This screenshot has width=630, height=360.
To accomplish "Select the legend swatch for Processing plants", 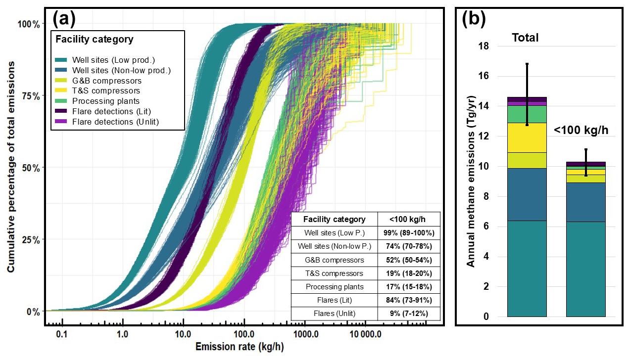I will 62,101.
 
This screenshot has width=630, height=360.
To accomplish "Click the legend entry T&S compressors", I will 106,91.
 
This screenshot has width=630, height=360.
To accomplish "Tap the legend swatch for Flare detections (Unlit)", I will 62,122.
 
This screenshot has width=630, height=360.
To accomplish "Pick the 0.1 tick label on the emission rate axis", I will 61,334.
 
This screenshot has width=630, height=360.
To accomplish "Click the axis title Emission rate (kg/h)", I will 240,347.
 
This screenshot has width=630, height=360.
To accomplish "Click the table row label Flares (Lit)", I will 335,300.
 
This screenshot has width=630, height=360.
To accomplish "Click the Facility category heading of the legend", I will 95,39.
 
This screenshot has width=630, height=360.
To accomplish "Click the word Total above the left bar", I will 525,38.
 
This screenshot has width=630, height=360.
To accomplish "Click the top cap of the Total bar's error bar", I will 527,64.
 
